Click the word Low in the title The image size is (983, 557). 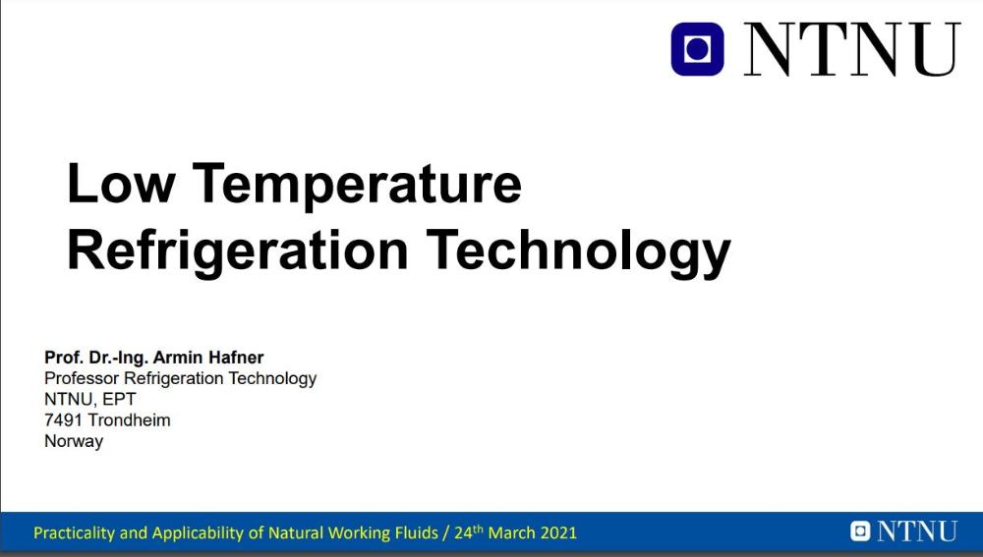pos(120,183)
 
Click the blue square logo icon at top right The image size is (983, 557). pos(697,49)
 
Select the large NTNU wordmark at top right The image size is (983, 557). pos(852,49)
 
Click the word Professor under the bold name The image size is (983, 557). pos(82,378)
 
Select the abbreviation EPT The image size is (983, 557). pos(119,399)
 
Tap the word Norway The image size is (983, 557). pos(74,441)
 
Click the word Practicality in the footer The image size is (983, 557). pos(75,533)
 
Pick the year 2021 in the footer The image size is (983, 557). pos(558,533)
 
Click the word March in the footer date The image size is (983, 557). pos(511,533)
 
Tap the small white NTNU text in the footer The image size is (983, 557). pos(917,531)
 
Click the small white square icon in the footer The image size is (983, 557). pos(860,531)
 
